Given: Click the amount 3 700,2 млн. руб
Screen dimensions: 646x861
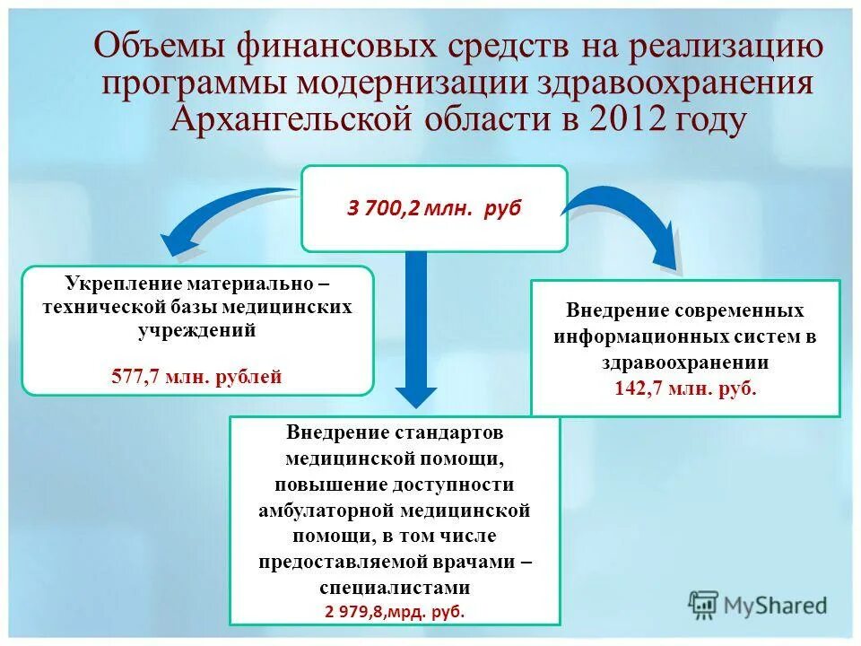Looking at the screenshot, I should [x=434, y=209].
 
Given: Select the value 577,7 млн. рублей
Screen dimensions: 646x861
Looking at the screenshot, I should [x=196, y=376].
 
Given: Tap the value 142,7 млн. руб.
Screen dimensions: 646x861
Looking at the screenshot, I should [x=685, y=388].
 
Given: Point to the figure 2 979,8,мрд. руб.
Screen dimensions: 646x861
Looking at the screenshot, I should [x=395, y=611].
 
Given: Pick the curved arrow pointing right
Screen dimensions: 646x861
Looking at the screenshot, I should [x=628, y=220].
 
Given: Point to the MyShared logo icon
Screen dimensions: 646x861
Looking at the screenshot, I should [x=704, y=604].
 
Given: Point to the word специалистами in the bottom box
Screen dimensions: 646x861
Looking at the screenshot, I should [x=395, y=589].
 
